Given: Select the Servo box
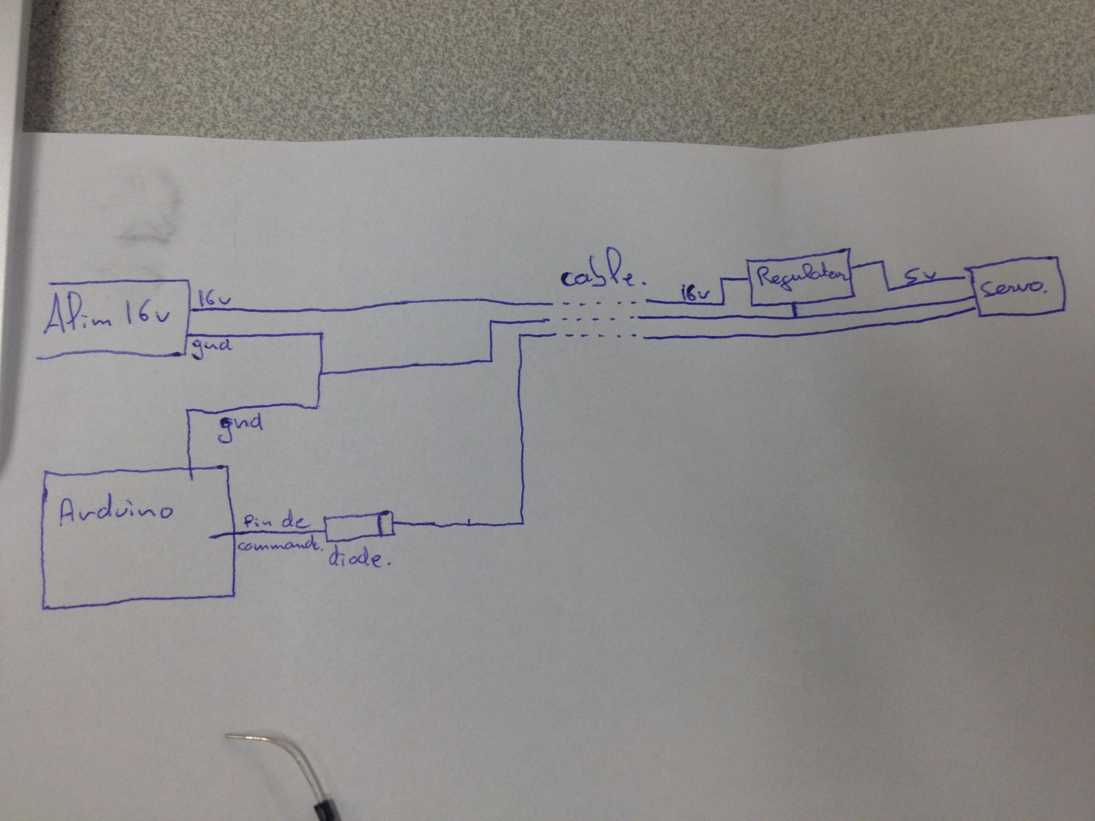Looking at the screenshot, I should coord(1018,290).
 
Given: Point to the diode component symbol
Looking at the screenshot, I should coord(359,525).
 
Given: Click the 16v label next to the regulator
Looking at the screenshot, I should coord(694,292).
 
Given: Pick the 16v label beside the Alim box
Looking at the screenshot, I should coord(214,299).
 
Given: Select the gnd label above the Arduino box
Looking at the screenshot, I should coord(240,425).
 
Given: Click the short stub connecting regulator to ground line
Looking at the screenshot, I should coord(794,310).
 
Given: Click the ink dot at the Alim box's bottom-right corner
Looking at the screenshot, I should coord(177,354).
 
